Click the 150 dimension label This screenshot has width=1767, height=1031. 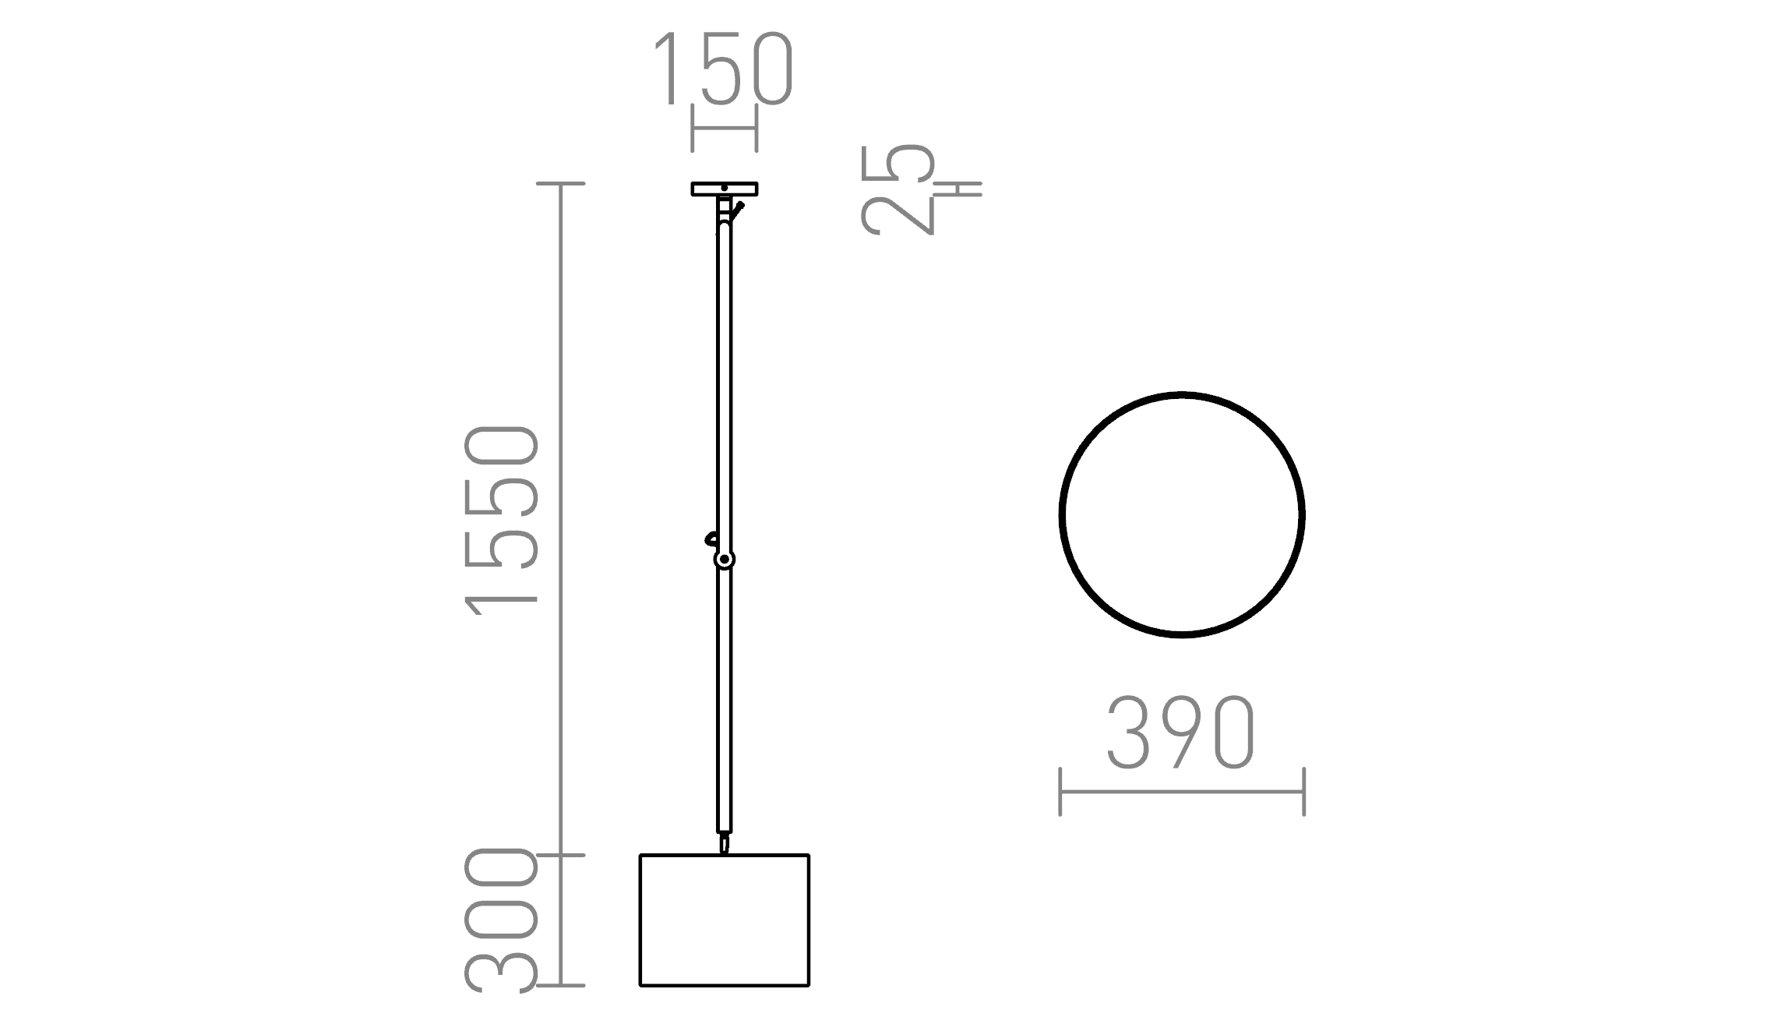click(722, 69)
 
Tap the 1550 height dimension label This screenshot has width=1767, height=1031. click(501, 521)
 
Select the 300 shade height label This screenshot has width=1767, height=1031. click(501, 920)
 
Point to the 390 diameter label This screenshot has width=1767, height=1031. click(1180, 733)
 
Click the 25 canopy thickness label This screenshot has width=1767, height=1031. click(898, 189)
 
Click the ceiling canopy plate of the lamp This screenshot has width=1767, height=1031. click(725, 189)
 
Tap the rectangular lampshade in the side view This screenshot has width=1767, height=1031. click(725, 920)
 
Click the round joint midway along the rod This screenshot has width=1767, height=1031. click(725, 560)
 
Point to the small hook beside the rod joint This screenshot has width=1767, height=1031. click(710, 538)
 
